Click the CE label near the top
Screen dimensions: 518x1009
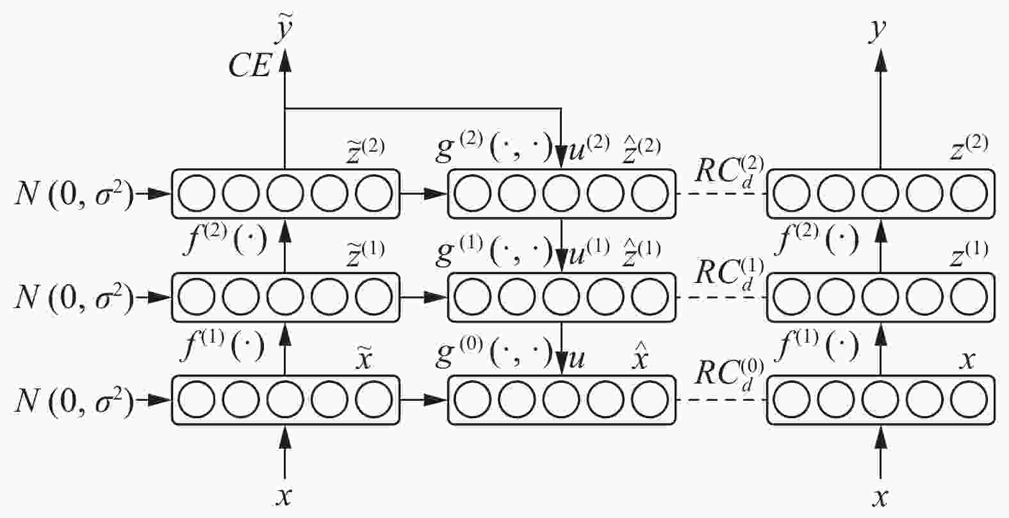250,66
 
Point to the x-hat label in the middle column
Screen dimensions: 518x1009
639,359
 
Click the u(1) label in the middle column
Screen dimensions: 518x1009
589,254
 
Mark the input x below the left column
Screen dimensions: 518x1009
284,496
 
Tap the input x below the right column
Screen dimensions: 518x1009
882,496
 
